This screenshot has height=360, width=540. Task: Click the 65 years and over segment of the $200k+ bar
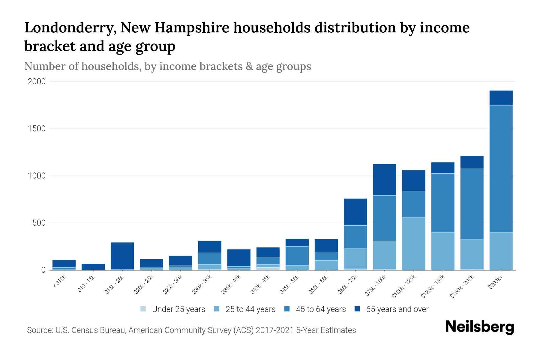coord(501,98)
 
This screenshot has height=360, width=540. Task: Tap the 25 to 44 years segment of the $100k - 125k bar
coord(413,244)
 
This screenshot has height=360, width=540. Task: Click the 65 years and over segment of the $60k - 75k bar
coord(355,212)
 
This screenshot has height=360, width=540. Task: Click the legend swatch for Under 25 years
coord(143,309)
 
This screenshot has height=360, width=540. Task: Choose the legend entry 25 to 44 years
coord(250,309)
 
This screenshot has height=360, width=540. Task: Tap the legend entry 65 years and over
coord(397,309)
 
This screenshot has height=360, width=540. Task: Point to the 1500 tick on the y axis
coord(37,129)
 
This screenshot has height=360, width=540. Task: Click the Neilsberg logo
coord(479,327)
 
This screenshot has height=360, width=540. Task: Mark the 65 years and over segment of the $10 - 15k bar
coord(93,266)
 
